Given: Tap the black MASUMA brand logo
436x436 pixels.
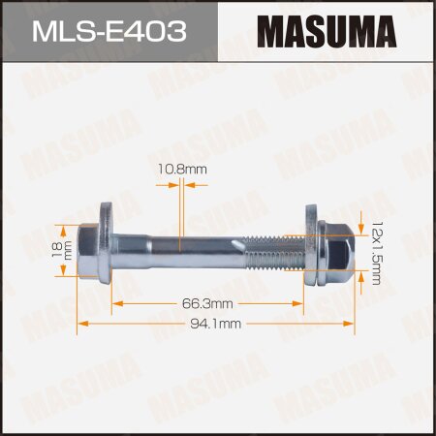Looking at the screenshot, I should pos(327,29).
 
